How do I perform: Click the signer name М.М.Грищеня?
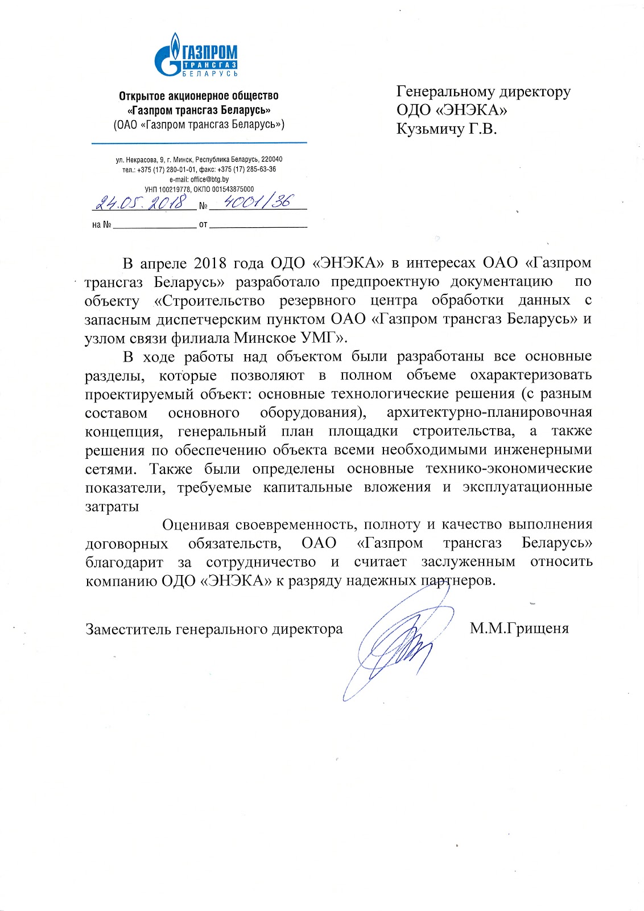519,629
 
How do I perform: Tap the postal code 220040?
272,159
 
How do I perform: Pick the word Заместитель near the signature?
128,629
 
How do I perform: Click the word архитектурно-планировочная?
489,412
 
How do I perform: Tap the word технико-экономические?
509,469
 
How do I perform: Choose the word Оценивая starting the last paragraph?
195,524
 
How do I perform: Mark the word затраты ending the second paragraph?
112,506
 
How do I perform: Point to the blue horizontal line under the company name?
199,142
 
